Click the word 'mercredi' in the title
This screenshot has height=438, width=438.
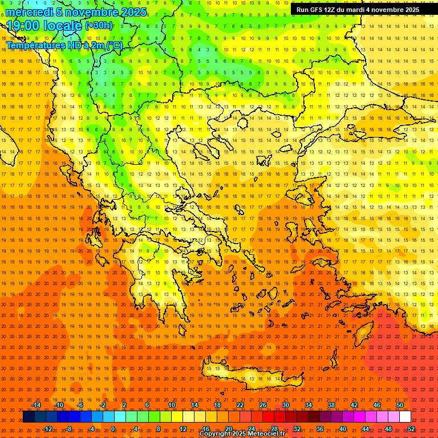click(29, 12)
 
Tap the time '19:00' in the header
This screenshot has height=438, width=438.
click(23, 25)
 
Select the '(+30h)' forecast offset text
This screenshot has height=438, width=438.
click(99, 25)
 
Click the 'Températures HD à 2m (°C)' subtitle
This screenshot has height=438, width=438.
click(64, 45)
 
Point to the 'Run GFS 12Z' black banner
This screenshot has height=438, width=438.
click(358, 10)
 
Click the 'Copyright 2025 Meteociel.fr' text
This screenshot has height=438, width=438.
click(242, 434)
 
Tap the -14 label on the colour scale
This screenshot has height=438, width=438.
click(35, 405)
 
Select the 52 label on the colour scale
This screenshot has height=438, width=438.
click(411, 429)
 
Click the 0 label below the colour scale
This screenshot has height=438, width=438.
click(112, 429)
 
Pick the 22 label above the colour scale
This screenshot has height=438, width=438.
click(240, 405)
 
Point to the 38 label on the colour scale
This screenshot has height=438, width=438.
click(331, 405)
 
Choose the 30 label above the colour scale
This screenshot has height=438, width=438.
click(286, 405)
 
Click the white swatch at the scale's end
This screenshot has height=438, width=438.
click(405, 417)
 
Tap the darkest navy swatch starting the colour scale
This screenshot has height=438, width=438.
click(29, 417)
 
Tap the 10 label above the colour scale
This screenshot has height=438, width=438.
click(172, 405)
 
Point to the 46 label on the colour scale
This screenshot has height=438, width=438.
click(377, 405)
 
